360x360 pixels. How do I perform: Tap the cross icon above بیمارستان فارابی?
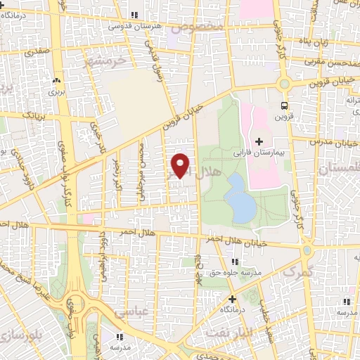click(x=259, y=141)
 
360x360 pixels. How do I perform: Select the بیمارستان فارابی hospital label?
click(x=259, y=152)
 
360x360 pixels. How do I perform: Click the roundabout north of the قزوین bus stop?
click(x=284, y=83)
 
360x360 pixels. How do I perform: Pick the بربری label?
click(x=56, y=91)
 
